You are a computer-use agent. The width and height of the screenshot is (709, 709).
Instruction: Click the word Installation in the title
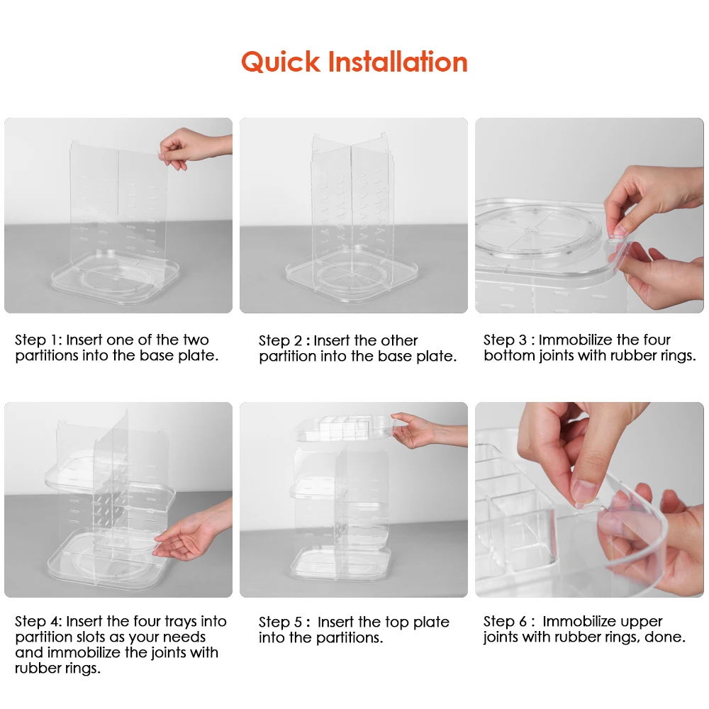pyautogui.click(x=398, y=62)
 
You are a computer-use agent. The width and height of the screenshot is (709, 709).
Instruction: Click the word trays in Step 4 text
pyautogui.click(x=189, y=622)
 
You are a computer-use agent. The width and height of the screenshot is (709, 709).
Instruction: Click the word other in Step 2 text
pyautogui.click(x=399, y=341)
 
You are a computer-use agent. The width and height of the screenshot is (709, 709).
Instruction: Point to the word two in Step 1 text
pyautogui.click(x=196, y=340)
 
